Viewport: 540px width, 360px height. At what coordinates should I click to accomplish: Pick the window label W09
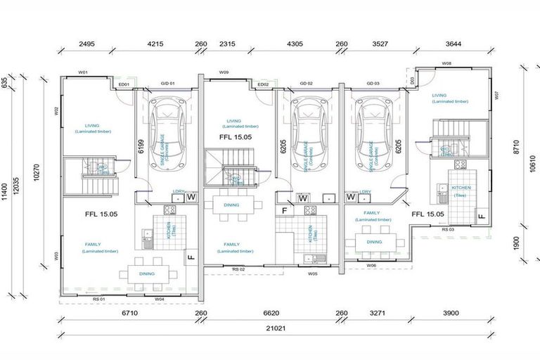tap(224, 72)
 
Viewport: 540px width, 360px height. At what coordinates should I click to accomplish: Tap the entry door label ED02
tap(263, 84)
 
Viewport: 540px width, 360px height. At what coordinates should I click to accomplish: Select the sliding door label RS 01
tap(98, 299)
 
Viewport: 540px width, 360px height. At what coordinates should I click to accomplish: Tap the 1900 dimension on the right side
tap(516, 243)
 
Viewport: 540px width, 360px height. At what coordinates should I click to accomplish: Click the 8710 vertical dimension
tap(516, 146)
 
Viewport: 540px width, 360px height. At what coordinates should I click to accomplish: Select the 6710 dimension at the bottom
tap(129, 314)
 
